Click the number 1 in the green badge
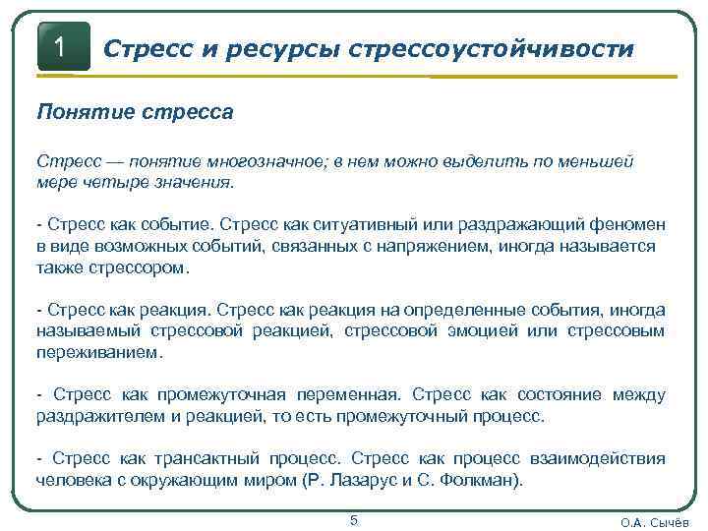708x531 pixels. (x=61, y=45)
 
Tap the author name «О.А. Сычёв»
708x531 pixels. (x=655, y=522)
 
